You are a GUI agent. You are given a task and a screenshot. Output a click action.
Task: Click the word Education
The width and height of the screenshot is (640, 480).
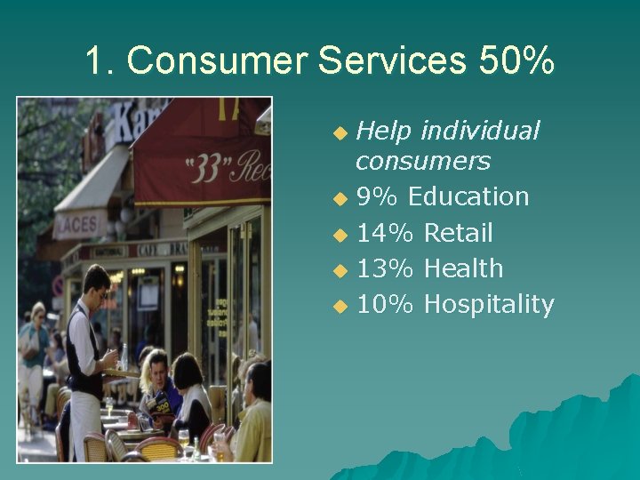(x=468, y=196)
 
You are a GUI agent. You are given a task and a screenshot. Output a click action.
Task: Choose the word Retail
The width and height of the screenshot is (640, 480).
(x=458, y=233)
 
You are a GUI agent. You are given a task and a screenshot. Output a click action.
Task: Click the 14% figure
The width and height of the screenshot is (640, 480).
(x=385, y=233)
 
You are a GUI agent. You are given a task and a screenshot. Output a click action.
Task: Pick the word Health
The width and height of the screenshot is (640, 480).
(x=463, y=268)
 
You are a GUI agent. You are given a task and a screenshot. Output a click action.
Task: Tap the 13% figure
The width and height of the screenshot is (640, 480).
(x=385, y=268)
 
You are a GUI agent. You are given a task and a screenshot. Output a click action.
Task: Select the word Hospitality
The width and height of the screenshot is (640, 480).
(x=489, y=305)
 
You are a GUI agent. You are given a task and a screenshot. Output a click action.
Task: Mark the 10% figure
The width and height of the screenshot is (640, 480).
(x=385, y=305)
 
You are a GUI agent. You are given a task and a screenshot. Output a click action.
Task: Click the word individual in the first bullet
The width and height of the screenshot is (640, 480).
(x=480, y=132)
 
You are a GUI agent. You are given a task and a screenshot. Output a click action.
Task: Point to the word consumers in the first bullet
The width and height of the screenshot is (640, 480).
(x=422, y=161)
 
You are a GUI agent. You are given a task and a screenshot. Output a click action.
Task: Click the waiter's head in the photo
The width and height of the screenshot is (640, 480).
(x=96, y=282)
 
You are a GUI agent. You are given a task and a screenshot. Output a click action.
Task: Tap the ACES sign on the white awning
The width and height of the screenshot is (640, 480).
(x=78, y=225)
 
